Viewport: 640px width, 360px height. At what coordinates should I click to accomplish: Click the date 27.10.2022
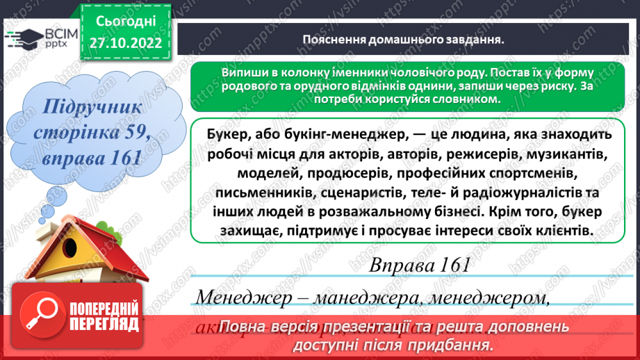pyautogui.click(x=126, y=42)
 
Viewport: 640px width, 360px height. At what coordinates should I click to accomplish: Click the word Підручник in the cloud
pyautogui.click(x=92, y=108)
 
